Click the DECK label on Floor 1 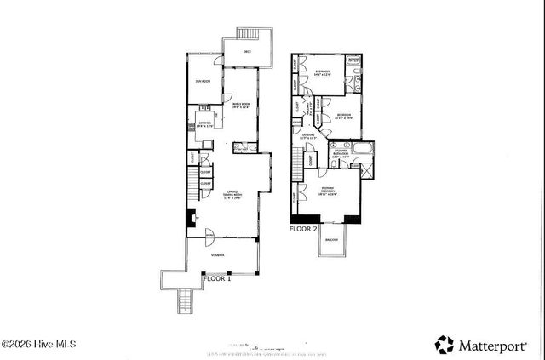(x=247, y=52)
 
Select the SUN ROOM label (x=203, y=81)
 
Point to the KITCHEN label (x=204, y=123)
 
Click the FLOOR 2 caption (x=304, y=229)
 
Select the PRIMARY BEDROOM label (x=327, y=191)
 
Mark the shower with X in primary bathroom (x=366, y=168)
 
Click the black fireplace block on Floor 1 (x=190, y=217)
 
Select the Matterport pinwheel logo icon (x=445, y=344)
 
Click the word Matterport (x=496, y=345)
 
